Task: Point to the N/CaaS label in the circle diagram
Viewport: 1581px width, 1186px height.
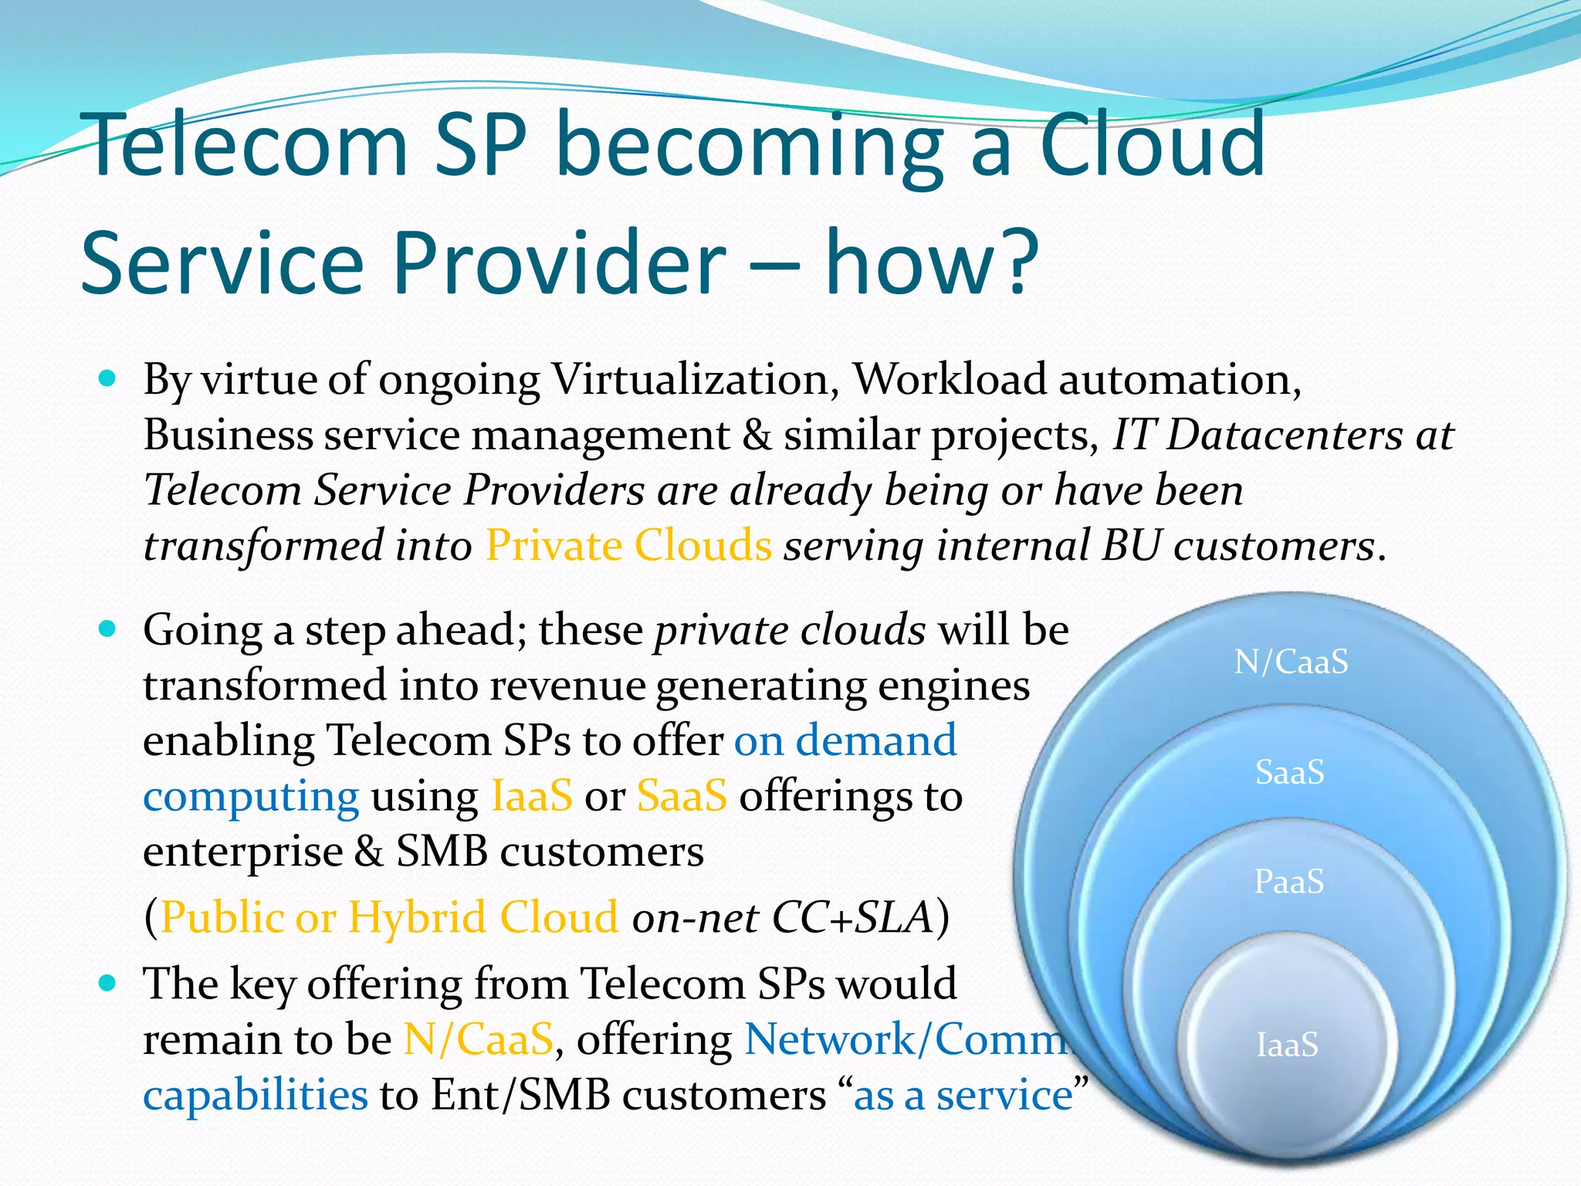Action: (x=1291, y=662)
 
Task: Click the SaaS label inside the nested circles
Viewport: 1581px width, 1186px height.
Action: (x=1289, y=772)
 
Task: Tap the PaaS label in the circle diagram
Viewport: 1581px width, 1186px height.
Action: (x=1288, y=882)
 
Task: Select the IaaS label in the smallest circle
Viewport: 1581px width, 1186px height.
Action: (x=1287, y=1045)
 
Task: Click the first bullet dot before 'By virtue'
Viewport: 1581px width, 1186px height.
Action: (x=108, y=378)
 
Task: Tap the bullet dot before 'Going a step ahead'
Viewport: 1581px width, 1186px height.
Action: (x=108, y=629)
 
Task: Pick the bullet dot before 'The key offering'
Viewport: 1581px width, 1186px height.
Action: (x=108, y=982)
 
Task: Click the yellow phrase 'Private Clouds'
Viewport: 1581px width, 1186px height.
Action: (x=628, y=546)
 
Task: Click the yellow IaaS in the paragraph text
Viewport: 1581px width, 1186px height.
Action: (x=532, y=796)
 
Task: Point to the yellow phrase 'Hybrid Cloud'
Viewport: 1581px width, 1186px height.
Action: (x=482, y=918)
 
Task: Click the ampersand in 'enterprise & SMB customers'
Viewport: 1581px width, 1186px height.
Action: (x=369, y=852)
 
